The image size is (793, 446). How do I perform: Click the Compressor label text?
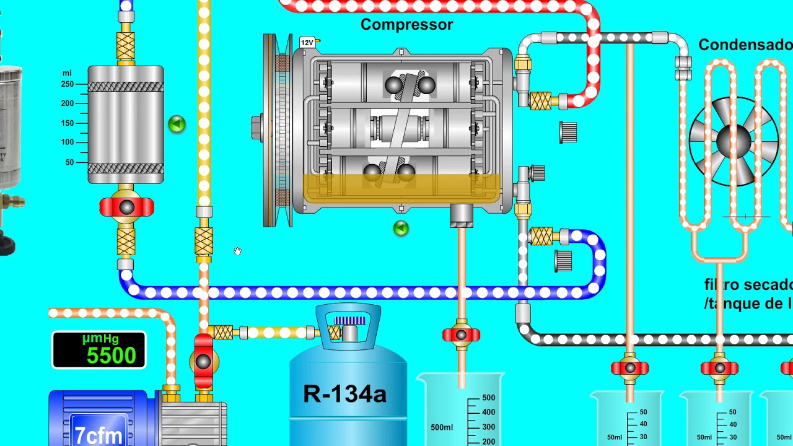(x=406, y=25)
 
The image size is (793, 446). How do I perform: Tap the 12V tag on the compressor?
(x=307, y=43)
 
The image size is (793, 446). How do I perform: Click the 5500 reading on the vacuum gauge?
(x=111, y=356)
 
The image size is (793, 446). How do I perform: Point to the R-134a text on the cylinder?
(x=344, y=394)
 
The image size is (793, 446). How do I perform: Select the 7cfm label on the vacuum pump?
(x=99, y=434)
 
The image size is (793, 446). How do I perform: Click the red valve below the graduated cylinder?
(x=126, y=208)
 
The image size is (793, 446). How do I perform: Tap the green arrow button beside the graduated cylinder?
(x=177, y=125)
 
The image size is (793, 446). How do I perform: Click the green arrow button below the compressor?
(x=401, y=229)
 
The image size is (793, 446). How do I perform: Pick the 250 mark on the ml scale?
(x=68, y=84)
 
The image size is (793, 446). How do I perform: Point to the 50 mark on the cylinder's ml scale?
(x=69, y=162)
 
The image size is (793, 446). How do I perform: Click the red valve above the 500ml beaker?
(x=461, y=335)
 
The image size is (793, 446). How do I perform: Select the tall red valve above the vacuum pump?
(x=203, y=361)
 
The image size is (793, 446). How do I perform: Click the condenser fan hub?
(x=734, y=142)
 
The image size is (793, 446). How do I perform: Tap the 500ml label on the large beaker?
(x=442, y=427)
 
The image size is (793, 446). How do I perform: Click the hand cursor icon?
(x=237, y=251)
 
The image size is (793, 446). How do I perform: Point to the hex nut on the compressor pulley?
(x=256, y=128)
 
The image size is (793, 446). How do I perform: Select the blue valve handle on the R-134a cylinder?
(x=349, y=320)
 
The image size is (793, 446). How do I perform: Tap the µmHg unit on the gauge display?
(x=100, y=339)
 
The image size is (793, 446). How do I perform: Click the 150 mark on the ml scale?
(x=68, y=123)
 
